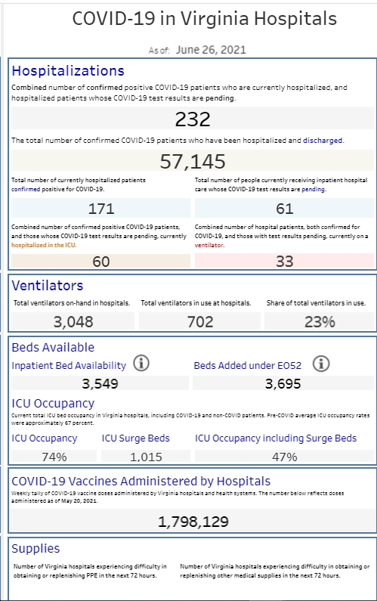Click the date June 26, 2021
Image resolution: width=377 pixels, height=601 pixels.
tap(211, 50)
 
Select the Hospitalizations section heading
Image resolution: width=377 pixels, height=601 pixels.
tap(68, 71)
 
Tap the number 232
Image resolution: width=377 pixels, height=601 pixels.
tap(193, 119)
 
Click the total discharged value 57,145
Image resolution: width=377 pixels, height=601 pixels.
tap(193, 161)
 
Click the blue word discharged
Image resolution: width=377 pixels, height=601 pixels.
tap(323, 141)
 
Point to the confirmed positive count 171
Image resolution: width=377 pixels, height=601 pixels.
tap(101, 209)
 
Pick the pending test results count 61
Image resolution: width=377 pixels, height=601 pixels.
tap(285, 209)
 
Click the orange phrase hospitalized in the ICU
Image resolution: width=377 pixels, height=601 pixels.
tap(44, 245)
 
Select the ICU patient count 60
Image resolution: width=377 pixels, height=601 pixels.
tap(101, 262)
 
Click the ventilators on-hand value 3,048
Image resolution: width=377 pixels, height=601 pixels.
tap(73, 322)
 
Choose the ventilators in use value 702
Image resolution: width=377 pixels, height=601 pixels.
tap(200, 322)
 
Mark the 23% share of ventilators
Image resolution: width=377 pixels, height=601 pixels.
tap(320, 322)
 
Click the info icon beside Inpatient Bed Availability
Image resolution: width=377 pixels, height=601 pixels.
tap(141, 363)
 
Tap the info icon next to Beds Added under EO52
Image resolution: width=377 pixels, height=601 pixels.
tap(321, 364)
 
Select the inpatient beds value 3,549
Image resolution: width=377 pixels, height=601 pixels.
tap(100, 384)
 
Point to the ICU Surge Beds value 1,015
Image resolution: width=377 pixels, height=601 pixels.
tap(146, 457)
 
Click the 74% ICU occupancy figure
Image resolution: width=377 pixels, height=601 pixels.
tap(54, 457)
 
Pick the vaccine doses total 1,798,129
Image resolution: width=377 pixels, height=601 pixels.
tap(193, 522)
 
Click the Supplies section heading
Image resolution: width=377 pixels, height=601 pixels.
tap(36, 549)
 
